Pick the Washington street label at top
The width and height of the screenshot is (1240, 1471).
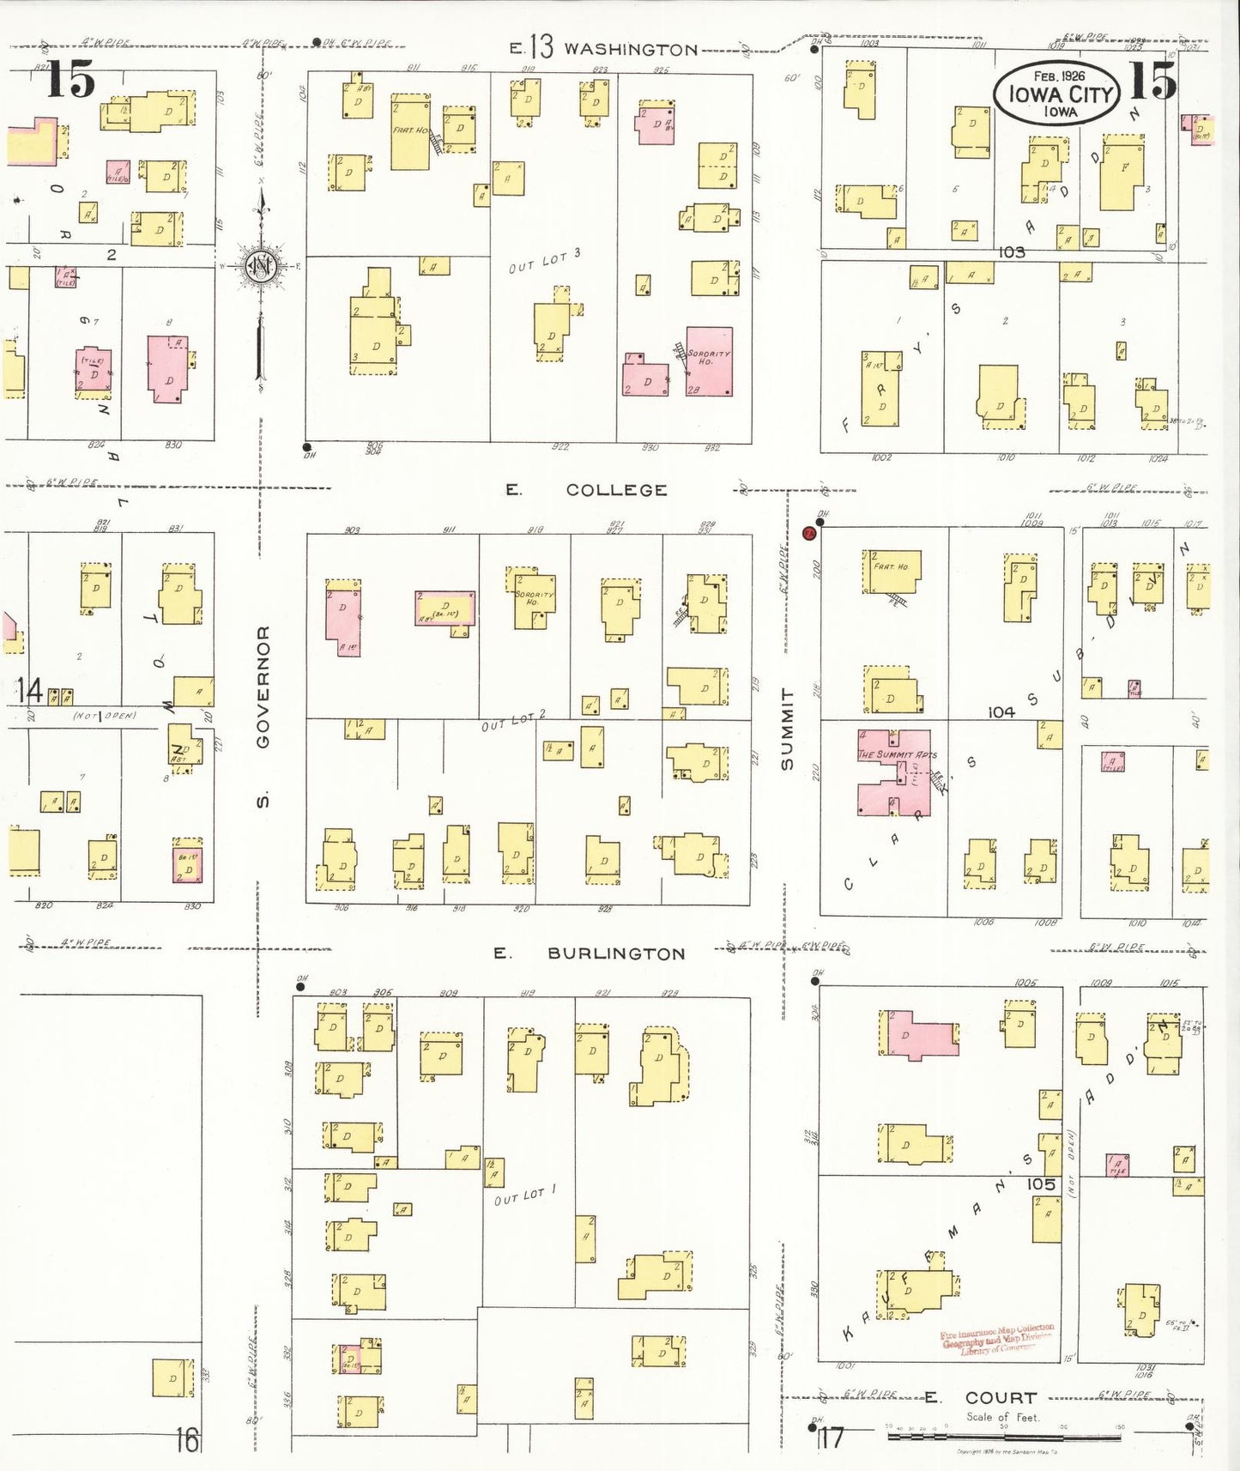[630, 49]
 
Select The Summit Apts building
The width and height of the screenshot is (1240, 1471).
[895, 772]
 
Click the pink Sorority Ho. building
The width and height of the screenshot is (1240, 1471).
[710, 360]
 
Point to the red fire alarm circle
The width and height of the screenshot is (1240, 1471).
[808, 534]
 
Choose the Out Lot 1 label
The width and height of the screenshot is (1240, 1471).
[525, 1196]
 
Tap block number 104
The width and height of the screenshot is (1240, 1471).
[1001, 711]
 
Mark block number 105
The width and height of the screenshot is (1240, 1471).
[1040, 1183]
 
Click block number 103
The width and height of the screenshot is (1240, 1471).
[1012, 252]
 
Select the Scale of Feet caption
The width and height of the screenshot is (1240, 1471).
[1002, 1417]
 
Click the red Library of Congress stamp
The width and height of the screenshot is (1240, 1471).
[996, 1339]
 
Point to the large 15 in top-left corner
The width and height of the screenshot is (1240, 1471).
[70, 79]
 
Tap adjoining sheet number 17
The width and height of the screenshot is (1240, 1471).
[831, 1438]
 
